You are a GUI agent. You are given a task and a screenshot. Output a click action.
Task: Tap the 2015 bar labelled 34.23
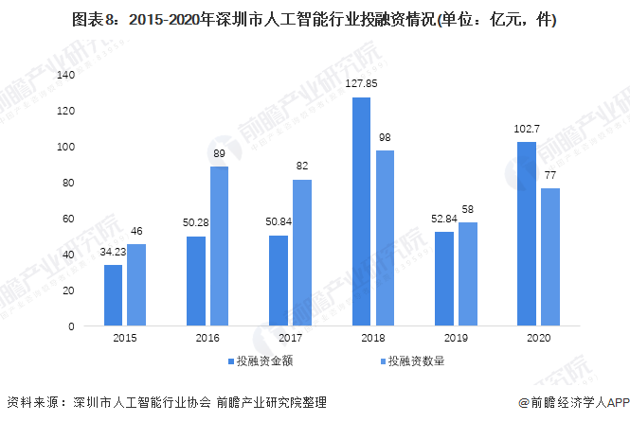(x=113, y=295)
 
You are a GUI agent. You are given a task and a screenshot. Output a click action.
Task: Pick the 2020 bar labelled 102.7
(x=527, y=234)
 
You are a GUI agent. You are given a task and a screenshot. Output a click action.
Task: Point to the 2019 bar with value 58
(x=467, y=274)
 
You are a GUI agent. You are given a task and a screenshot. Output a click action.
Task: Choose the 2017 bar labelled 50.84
(x=279, y=281)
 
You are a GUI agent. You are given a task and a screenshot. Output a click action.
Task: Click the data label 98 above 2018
(x=385, y=137)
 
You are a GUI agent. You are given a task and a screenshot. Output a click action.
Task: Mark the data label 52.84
(x=443, y=219)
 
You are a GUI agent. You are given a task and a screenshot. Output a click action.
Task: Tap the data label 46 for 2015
(x=136, y=231)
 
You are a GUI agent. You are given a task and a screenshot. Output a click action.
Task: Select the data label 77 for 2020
(x=550, y=175)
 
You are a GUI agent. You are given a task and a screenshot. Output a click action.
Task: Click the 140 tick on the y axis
(x=65, y=75)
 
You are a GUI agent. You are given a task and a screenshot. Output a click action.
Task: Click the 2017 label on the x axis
(x=290, y=338)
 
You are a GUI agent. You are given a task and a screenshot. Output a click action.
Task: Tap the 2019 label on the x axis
(x=456, y=338)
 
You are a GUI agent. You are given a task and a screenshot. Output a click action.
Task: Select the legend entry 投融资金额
(x=261, y=361)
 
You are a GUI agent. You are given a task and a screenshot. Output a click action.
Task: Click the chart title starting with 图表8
(x=315, y=18)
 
